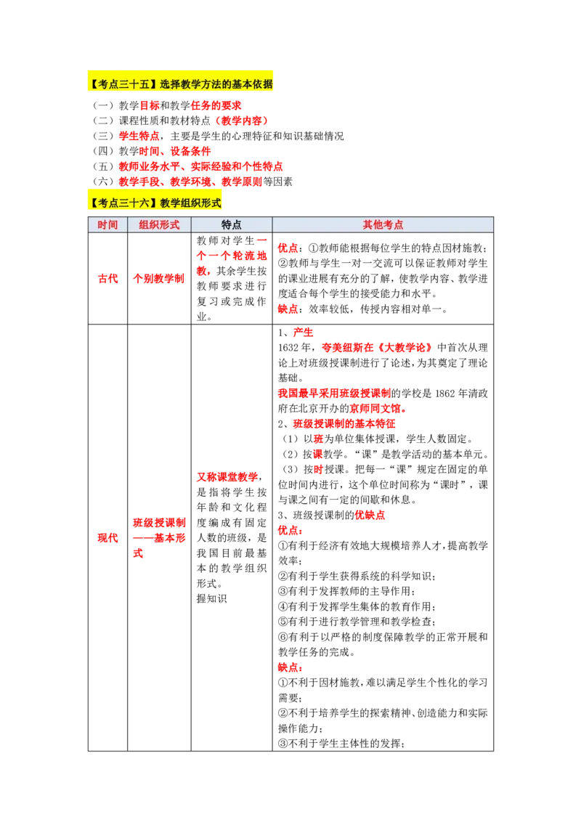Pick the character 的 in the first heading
(226, 84)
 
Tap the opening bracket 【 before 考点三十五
(92, 84)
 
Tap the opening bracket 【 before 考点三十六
(92, 203)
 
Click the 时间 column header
(107, 224)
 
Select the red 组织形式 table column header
(159, 224)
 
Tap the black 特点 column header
(232, 224)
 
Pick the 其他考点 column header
(383, 224)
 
